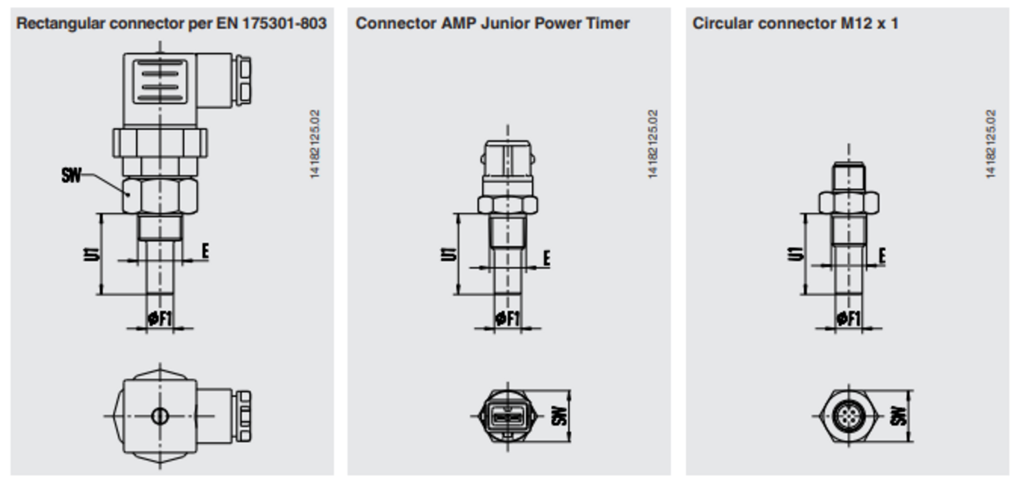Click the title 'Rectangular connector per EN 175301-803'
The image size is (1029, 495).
(x=171, y=23)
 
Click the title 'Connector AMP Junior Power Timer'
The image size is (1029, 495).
(x=493, y=23)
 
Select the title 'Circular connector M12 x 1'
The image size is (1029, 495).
(x=795, y=23)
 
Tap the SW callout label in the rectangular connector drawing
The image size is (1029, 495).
(x=71, y=176)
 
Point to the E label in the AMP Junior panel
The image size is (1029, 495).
(x=547, y=258)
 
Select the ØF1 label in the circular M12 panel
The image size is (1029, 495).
(x=849, y=318)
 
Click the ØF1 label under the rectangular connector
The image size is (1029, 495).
(x=160, y=318)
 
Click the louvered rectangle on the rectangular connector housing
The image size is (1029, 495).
(x=160, y=81)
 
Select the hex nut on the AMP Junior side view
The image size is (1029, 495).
(x=508, y=204)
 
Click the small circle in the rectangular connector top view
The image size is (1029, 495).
(x=160, y=415)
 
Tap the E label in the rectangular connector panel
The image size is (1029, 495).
(x=204, y=251)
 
